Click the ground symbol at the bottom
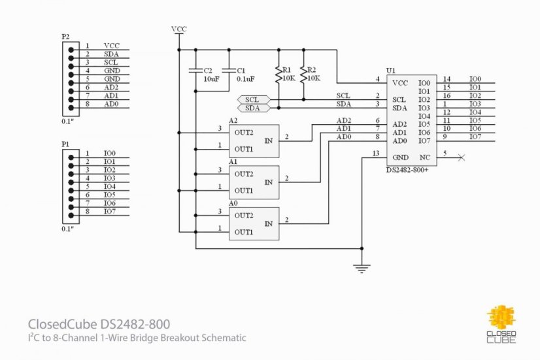[362, 267]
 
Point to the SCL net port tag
[253, 99]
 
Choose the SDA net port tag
[253, 108]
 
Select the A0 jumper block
[253, 223]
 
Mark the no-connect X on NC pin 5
[462, 157]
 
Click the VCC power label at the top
[178, 29]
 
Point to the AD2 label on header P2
[111, 87]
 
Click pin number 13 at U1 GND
[375, 154]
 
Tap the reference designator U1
[391, 70]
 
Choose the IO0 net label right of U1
[475, 79]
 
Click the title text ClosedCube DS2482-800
[102, 324]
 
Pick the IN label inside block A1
[269, 182]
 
